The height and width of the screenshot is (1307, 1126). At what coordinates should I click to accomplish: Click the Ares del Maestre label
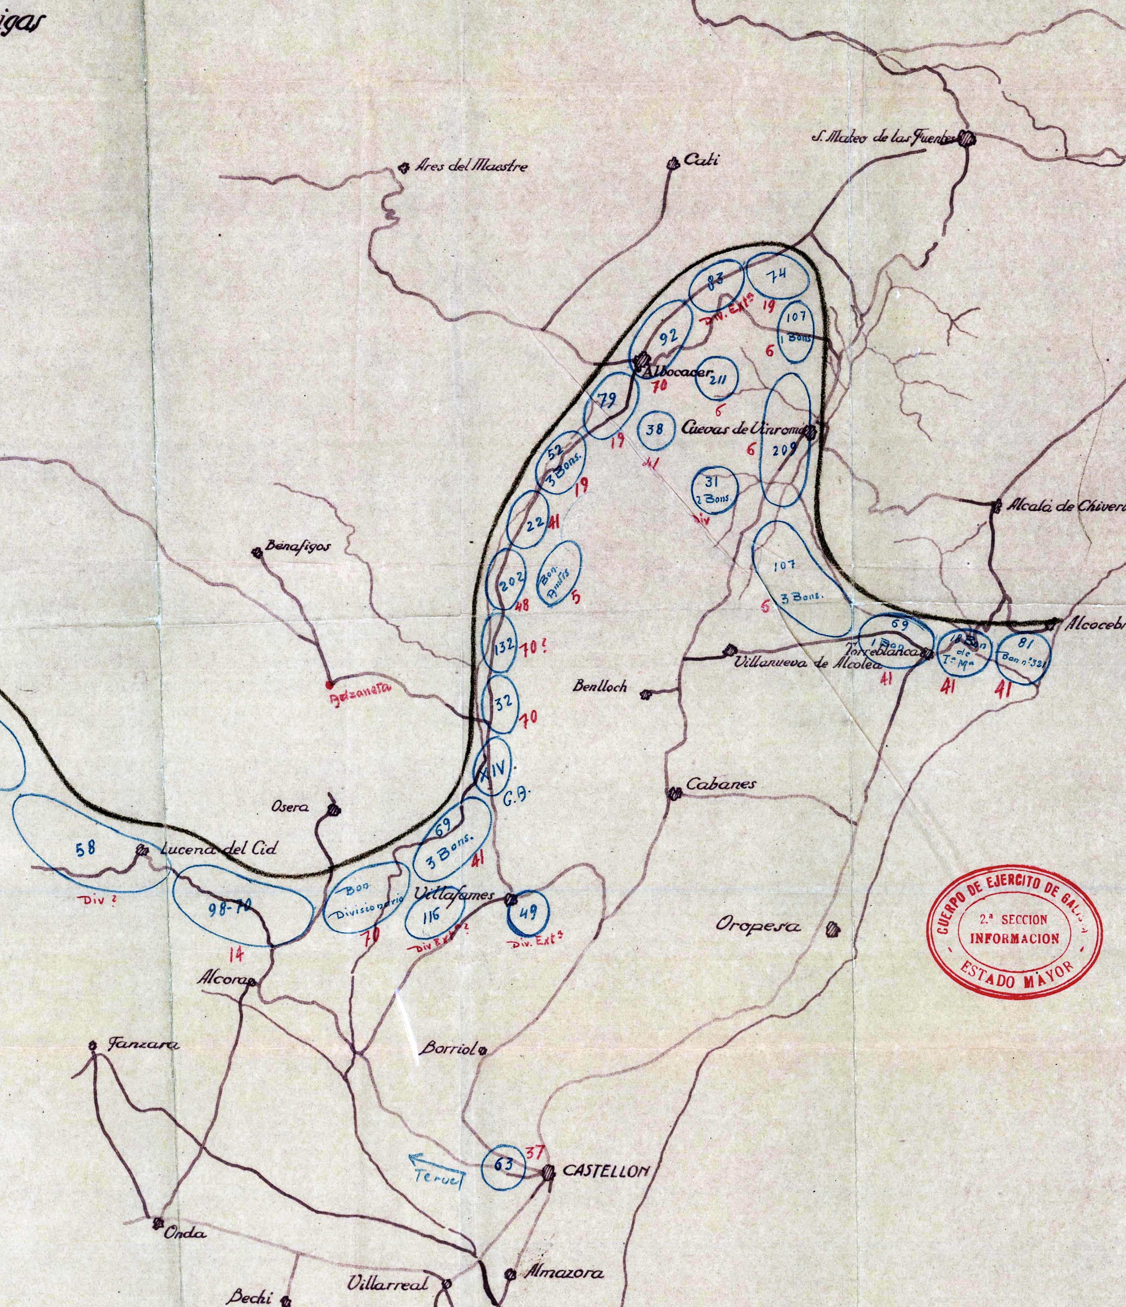pos(471,168)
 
